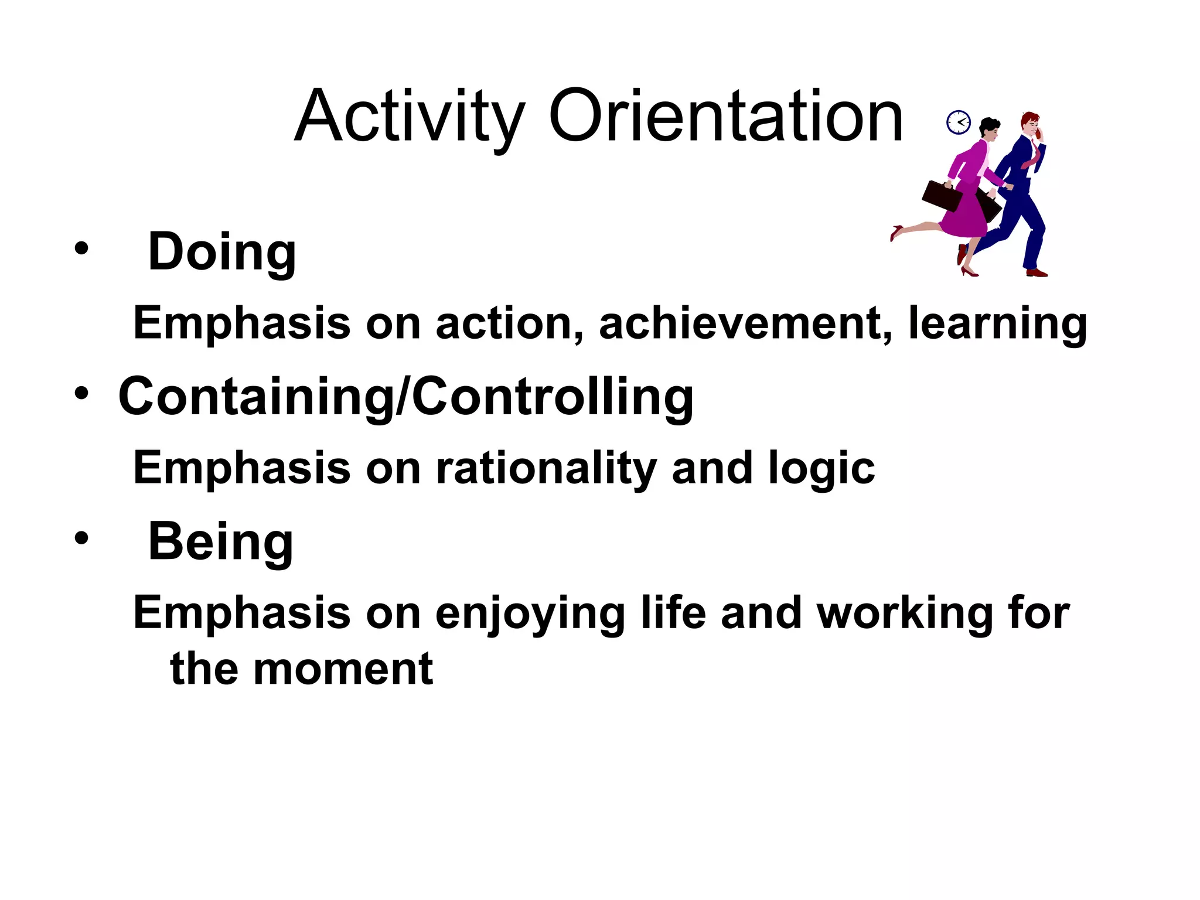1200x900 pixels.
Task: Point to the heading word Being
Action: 220,542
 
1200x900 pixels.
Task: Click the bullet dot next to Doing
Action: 81,249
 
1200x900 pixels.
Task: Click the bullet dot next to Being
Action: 81,538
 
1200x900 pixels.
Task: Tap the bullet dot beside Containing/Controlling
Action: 81,394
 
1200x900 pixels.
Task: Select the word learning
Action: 997,324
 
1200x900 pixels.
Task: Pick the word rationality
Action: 546,469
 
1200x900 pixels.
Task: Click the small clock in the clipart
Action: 959,122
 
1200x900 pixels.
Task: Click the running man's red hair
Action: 1029,118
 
